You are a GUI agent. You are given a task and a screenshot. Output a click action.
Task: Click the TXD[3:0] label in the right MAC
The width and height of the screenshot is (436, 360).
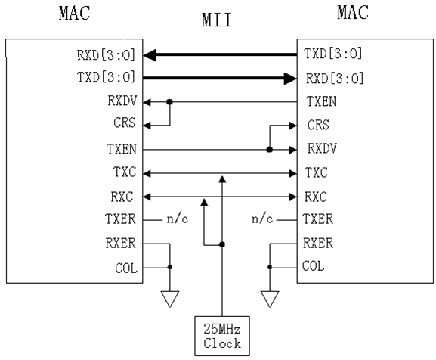[x=332, y=54]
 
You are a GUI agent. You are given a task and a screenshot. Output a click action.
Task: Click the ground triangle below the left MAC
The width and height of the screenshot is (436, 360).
[x=170, y=299]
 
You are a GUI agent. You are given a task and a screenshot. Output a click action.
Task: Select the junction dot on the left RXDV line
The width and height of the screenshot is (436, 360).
[x=170, y=101]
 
